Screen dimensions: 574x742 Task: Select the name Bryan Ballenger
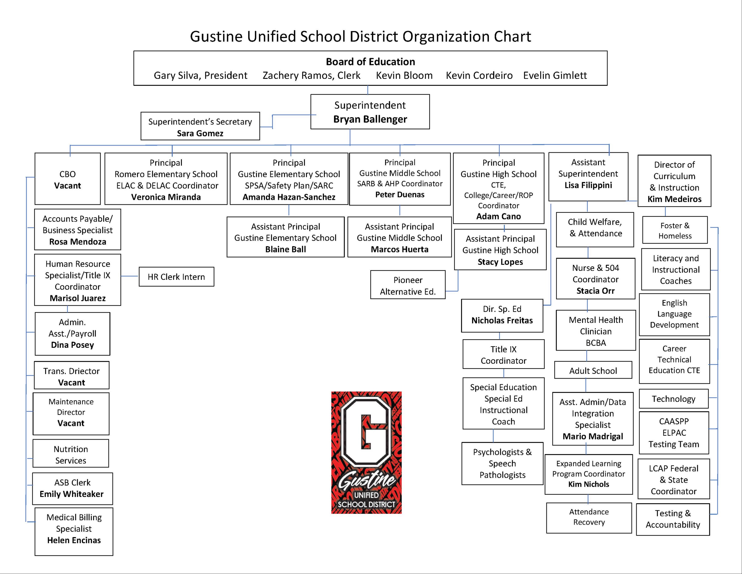coord(370,119)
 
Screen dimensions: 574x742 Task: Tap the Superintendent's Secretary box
coord(200,126)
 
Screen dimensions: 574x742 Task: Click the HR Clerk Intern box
coord(176,277)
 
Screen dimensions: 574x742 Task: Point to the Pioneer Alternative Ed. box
coord(408,285)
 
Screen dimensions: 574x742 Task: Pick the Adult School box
coord(593,370)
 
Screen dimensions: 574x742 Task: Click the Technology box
coord(673,399)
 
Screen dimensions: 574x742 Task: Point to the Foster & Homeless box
coord(675,230)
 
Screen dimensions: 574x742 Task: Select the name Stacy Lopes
coord(500,262)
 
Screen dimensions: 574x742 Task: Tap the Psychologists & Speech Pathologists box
coord(502,463)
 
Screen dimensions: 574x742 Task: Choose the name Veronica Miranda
coord(166,197)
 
